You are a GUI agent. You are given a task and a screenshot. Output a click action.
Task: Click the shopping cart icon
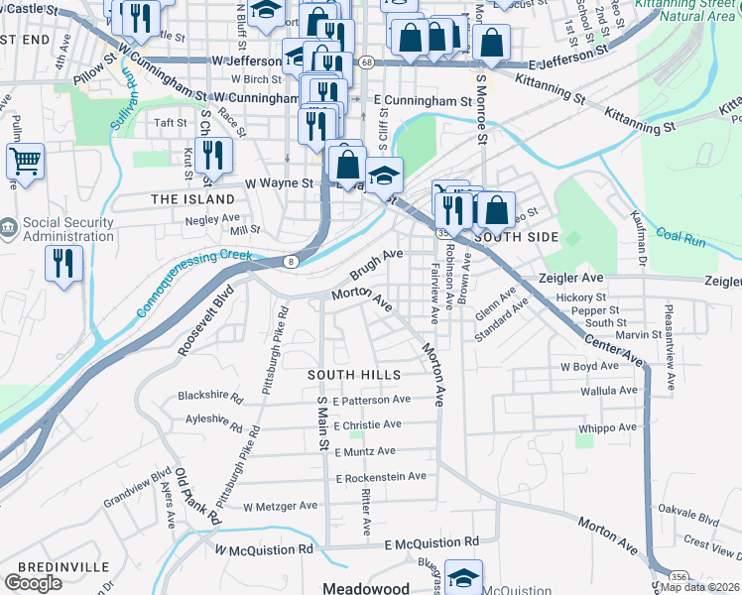pos(25,161)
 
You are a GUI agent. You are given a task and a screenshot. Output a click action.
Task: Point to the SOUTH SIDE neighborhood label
pos(516,238)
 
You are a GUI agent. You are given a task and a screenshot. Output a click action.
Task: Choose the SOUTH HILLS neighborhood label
pos(353,375)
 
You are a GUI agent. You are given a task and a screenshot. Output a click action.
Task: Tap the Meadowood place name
pos(368,587)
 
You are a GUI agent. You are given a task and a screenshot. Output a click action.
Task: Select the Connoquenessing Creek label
pos(194,283)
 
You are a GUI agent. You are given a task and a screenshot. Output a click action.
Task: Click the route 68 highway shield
pos(366,61)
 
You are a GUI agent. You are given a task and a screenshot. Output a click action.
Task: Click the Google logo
pos(33,583)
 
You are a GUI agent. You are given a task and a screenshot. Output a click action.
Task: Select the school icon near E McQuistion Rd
pos(463,576)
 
